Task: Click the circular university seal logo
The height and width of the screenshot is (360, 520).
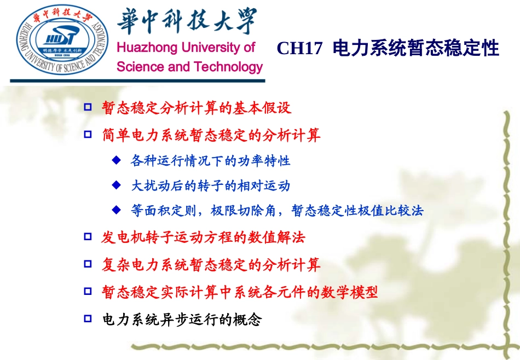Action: [61, 42]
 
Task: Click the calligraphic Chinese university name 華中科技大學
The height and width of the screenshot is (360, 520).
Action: [186, 24]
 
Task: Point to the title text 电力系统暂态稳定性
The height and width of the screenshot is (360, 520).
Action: [415, 49]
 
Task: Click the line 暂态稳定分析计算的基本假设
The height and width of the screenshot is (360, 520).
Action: [197, 108]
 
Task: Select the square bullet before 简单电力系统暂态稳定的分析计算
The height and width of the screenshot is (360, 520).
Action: [88, 134]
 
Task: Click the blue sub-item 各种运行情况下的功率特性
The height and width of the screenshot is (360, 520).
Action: [210, 161]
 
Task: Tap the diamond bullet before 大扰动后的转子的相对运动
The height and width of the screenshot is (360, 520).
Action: [115, 185]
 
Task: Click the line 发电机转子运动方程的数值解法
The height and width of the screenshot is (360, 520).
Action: [204, 237]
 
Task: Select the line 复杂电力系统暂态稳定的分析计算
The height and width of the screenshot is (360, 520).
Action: [211, 265]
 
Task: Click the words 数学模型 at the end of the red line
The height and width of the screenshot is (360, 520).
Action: [356, 292]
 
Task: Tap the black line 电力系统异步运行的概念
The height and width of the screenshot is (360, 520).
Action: [182, 320]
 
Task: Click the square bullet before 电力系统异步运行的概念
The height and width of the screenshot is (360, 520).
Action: [88, 318]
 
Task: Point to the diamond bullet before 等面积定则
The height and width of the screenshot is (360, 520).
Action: [115, 210]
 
